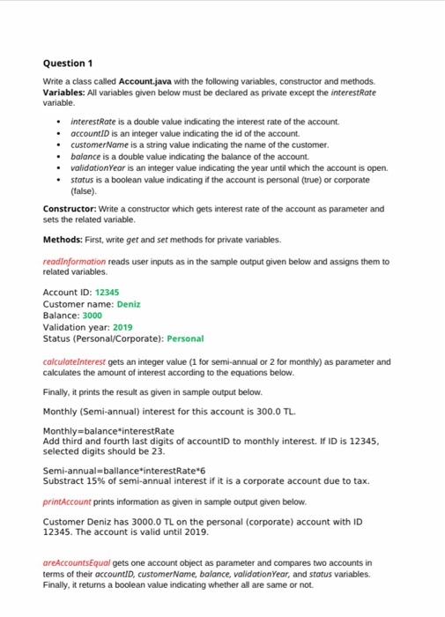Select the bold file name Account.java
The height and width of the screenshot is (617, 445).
point(141,81)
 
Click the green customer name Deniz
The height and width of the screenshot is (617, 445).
point(129,304)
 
